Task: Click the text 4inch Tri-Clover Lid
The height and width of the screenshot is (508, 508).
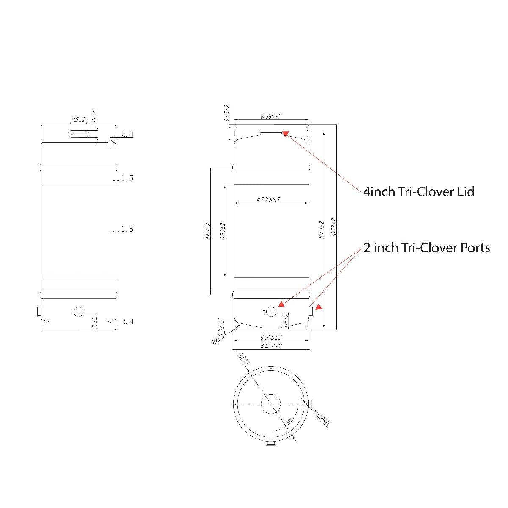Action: tap(419, 192)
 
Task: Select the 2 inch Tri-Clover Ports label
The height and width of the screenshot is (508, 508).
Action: tap(427, 248)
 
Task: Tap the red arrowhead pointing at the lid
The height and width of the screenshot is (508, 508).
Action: tap(285, 134)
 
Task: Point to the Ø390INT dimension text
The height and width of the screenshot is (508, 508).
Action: tap(268, 199)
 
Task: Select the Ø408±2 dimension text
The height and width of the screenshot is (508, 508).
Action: tap(271, 346)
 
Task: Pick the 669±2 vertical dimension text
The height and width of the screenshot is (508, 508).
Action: tap(208, 231)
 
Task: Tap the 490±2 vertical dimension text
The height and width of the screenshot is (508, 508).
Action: tap(223, 231)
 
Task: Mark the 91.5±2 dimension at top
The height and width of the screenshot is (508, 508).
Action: tap(227, 113)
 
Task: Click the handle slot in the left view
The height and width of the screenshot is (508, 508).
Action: tap(78, 134)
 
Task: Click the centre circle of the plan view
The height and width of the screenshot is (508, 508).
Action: tap(271, 404)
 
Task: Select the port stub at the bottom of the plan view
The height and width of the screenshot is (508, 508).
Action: tap(271, 444)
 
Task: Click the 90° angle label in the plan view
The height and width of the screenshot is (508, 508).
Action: tap(288, 422)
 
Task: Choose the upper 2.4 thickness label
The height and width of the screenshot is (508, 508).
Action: tap(127, 135)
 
